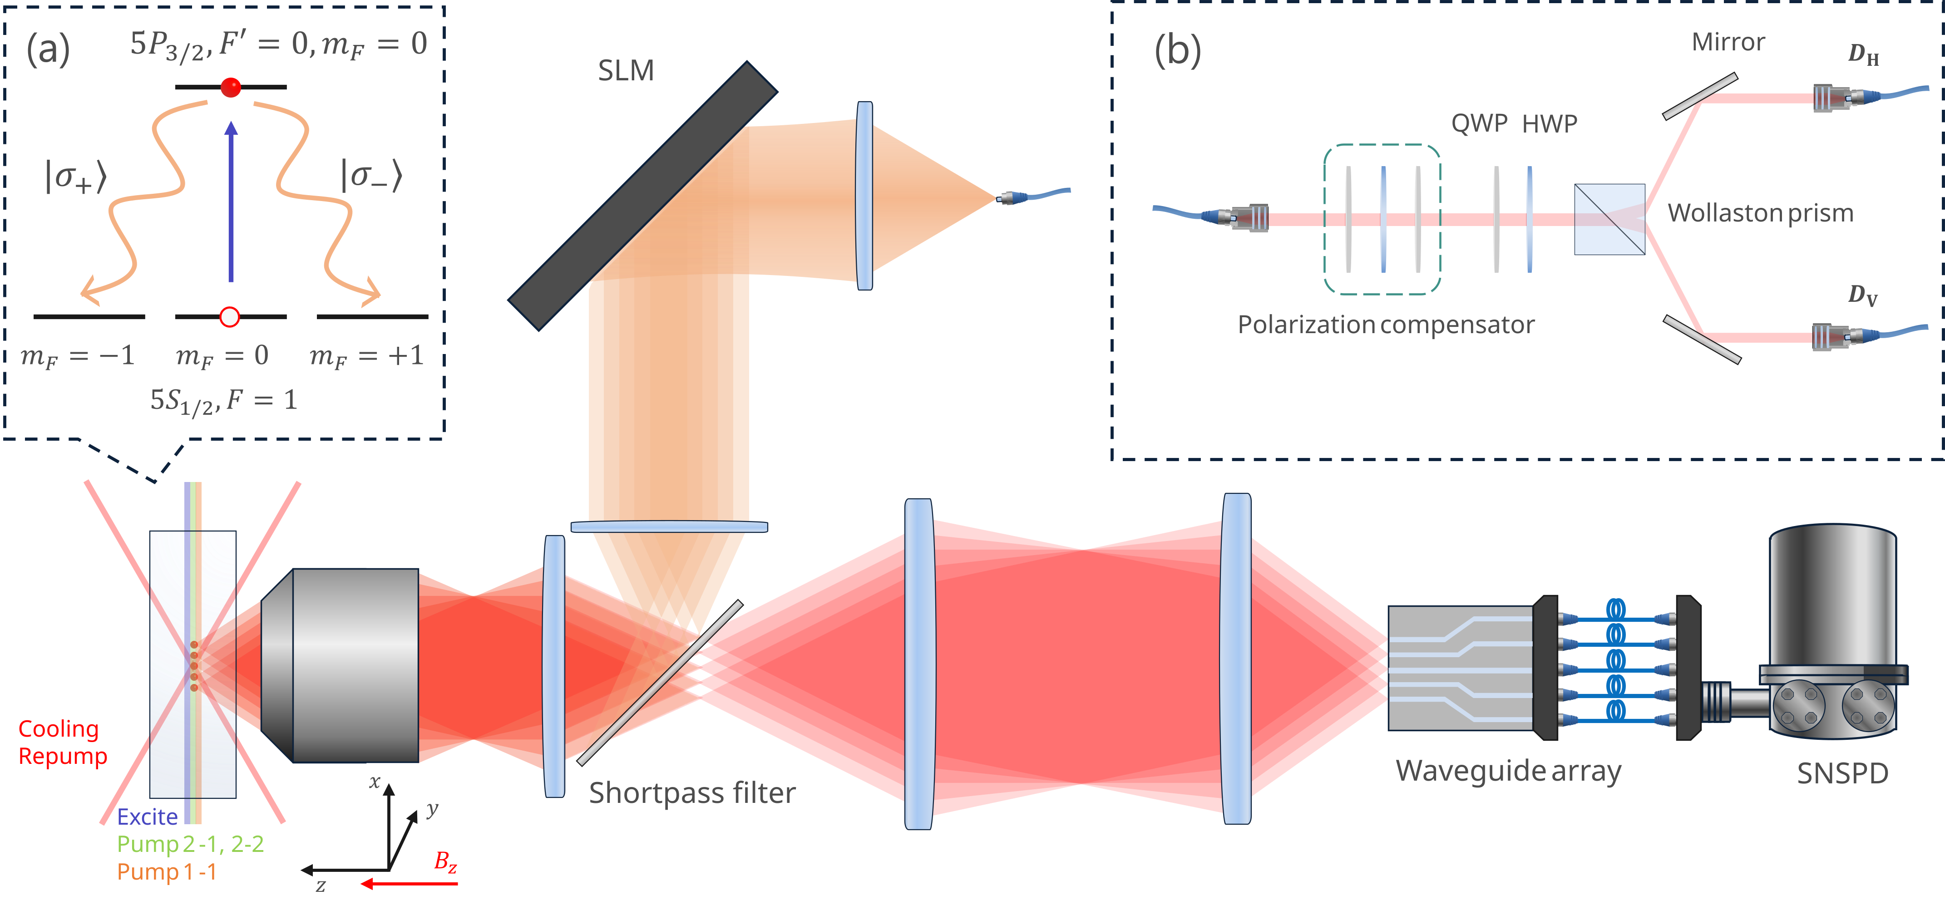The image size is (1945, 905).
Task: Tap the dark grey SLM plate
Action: coord(642,196)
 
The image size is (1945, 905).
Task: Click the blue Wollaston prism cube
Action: coord(1609,219)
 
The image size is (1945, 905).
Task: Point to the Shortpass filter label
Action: coord(691,792)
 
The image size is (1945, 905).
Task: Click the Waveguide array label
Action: coord(1508,771)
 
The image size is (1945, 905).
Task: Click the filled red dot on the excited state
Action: coord(231,88)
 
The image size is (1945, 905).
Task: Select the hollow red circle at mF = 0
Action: coord(230,317)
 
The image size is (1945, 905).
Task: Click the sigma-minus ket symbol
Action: coord(371,175)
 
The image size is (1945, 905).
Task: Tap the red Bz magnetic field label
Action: coord(445,861)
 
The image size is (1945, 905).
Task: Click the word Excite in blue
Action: coord(147,816)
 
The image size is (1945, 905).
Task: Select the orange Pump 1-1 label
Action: coord(166,872)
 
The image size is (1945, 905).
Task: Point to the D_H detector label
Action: coord(1863,54)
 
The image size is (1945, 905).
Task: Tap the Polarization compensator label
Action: coord(1386,325)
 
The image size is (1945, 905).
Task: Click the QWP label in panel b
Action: coord(1478,123)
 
